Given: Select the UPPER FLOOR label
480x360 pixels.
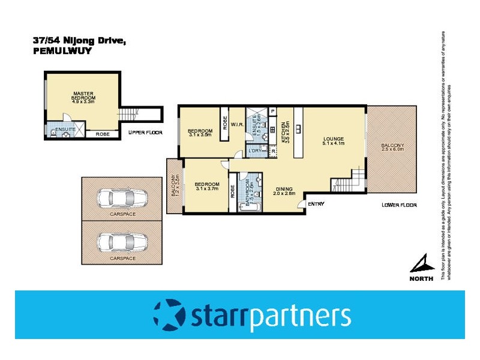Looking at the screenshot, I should [145, 133].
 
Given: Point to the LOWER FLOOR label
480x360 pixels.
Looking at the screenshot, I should [399, 205].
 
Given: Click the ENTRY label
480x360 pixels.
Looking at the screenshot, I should [316, 204].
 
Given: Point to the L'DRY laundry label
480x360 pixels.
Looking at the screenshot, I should [255, 151].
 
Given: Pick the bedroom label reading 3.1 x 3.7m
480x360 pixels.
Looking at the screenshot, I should [208, 187].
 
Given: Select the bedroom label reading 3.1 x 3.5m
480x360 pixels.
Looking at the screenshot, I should [200, 133].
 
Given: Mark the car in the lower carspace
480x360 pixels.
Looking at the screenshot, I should [122, 242].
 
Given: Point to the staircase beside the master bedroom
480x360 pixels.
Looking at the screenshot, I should [128, 114].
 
